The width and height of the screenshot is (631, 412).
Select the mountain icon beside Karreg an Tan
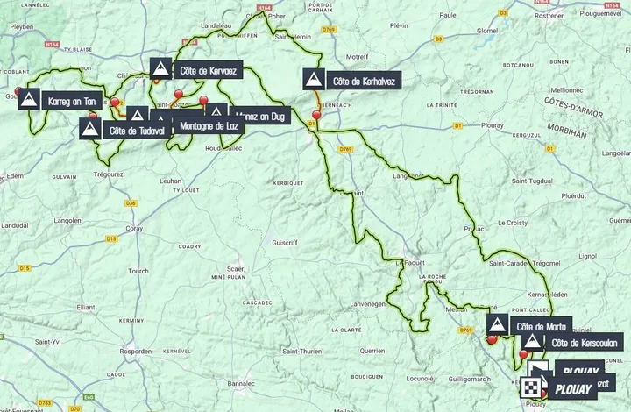29,99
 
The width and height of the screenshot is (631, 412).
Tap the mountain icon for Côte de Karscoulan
531,342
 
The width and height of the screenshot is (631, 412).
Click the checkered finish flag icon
531,387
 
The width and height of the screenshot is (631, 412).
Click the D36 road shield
131,203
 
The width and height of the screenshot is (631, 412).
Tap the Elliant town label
85,307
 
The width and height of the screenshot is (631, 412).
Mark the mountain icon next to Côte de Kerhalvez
314,81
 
